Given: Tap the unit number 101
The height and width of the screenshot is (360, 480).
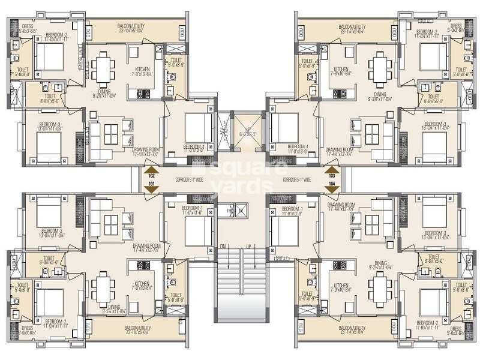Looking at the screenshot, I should (152, 183).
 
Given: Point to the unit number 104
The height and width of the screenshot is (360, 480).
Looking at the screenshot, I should (331, 183).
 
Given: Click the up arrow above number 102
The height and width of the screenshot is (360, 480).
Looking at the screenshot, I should (152, 170).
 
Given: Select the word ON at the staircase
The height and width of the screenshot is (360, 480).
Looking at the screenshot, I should (223, 247).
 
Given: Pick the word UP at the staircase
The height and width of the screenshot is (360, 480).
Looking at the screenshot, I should (247, 247).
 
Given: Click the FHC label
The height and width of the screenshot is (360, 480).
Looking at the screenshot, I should (230, 211).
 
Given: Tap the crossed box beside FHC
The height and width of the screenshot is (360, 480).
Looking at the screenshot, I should (241, 211).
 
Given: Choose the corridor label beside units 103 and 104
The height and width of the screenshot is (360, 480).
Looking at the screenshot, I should (296, 180).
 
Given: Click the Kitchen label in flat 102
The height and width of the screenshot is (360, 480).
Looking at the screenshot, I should (142, 71).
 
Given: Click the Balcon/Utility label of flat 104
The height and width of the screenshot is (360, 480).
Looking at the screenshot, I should (352, 331).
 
